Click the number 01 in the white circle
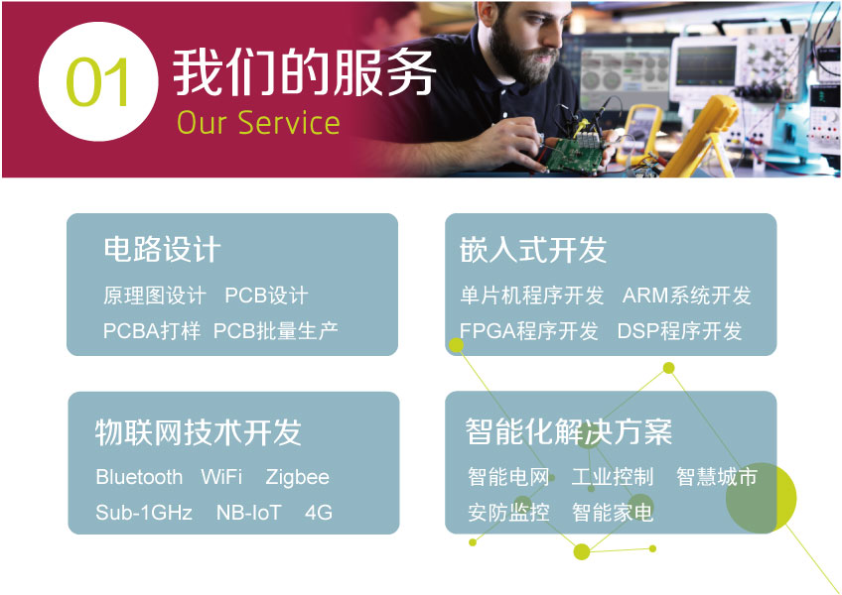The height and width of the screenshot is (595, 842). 97,82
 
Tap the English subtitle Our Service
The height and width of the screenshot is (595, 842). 258,122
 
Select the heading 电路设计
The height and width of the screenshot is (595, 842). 162,250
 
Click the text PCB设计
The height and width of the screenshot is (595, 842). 266,296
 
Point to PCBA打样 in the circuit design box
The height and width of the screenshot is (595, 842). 152,330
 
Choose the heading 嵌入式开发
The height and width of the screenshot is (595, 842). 532,250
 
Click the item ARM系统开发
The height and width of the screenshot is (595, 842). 686,296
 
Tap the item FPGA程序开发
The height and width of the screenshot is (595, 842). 529,331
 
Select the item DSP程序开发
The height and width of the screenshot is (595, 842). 679,331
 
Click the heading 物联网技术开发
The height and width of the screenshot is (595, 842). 199,432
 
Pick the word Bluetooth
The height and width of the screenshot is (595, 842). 139,477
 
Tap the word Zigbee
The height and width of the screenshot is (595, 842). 297,477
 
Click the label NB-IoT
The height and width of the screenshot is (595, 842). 248,513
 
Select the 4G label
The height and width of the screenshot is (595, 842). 319,513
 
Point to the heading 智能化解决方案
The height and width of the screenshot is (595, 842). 569,432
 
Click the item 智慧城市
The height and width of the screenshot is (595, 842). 716,476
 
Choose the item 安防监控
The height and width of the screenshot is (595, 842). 508,513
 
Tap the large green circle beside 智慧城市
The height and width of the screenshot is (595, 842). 761,498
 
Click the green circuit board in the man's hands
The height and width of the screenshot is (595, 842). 575,156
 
